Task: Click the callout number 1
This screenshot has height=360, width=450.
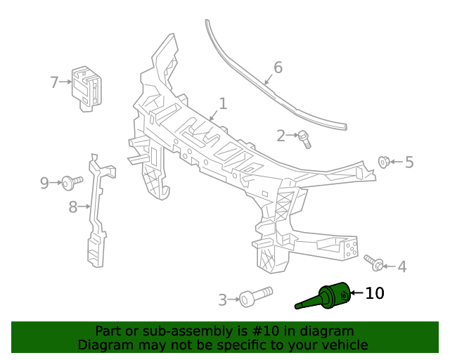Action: click(x=223, y=104)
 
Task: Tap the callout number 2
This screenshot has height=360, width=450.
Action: click(x=281, y=136)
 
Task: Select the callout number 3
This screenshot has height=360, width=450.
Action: click(x=223, y=300)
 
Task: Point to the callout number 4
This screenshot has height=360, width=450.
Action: click(x=401, y=267)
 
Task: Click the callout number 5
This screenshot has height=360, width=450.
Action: click(x=409, y=163)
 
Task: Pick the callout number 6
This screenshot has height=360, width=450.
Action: click(x=278, y=67)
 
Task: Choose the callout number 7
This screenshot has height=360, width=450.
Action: click(x=54, y=82)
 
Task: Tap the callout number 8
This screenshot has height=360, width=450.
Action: click(x=72, y=207)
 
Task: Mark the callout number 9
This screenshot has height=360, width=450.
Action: click(x=44, y=184)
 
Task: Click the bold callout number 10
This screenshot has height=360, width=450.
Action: click(x=375, y=293)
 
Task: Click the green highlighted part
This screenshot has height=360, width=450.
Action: click(x=327, y=296)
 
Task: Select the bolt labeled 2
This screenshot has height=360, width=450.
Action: click(x=304, y=138)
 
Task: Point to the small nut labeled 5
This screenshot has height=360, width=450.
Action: click(x=384, y=162)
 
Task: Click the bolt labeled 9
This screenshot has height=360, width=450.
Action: click(x=70, y=183)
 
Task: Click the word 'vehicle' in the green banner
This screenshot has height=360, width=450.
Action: click(x=342, y=345)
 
